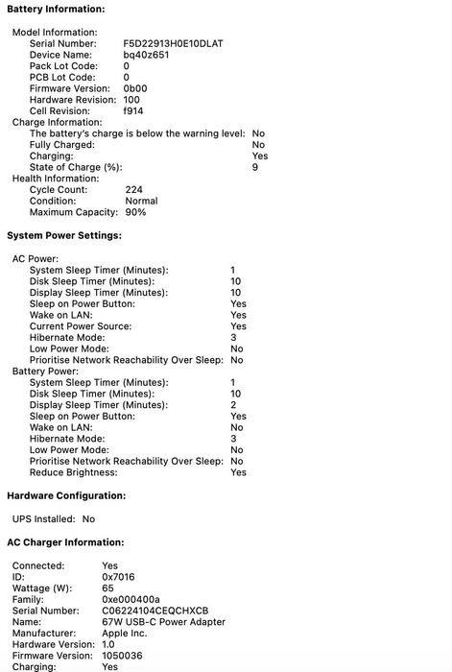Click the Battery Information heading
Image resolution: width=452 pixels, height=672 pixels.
[56, 8]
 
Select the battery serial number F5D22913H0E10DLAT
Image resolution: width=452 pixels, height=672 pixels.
[175, 44]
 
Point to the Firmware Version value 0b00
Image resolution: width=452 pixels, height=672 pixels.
[135, 88]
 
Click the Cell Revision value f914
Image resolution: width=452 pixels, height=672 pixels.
[133, 110]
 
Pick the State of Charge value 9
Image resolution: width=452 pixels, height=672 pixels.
[255, 167]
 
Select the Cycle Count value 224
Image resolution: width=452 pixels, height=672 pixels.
[133, 189]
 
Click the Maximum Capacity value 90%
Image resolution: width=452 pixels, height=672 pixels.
[135, 212]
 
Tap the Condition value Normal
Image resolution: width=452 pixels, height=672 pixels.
[141, 201]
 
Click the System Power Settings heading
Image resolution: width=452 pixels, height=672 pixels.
[64, 235]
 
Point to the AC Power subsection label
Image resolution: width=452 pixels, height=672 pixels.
[36, 258]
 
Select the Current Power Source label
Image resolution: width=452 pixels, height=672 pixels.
[81, 326]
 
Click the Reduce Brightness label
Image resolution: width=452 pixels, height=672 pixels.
[74, 472]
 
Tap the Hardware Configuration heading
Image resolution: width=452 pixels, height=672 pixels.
[66, 495]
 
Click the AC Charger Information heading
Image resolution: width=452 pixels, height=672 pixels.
[65, 542]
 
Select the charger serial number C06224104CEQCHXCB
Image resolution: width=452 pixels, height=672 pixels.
[155, 610]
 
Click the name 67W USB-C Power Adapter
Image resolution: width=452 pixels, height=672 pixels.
[157, 621]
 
